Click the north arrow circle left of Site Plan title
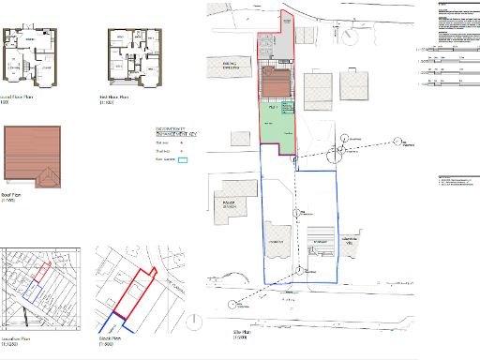[x=195, y=323]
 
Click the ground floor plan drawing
[x=31, y=57]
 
